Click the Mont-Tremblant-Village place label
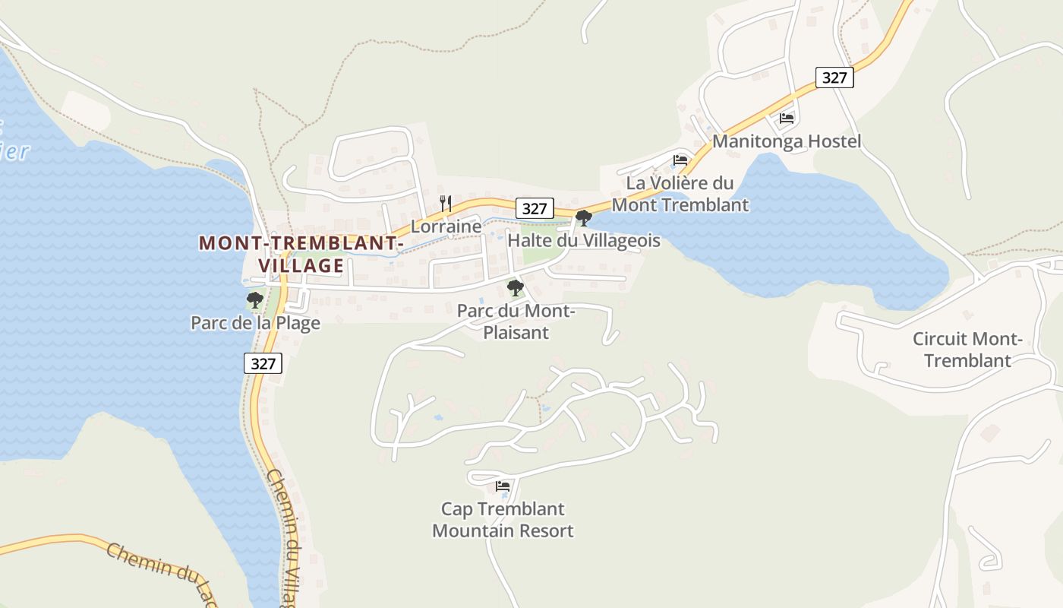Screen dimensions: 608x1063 pyautogui.click(x=300, y=254)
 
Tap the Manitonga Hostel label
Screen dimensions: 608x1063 pyautogui.click(x=787, y=141)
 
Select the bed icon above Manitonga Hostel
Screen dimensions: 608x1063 pyautogui.click(x=787, y=119)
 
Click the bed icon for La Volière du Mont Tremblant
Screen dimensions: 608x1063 pyautogui.click(x=680, y=160)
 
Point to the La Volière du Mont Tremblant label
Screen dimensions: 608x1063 pyautogui.click(x=680, y=194)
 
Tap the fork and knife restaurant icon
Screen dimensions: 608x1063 pyautogui.click(x=446, y=204)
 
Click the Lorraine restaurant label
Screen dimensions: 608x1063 pyautogui.click(x=446, y=226)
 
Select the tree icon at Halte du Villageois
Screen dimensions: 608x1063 pyautogui.click(x=583, y=218)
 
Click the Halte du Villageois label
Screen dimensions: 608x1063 pyautogui.click(x=583, y=241)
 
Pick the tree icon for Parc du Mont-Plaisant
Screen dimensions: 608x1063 pyautogui.click(x=516, y=288)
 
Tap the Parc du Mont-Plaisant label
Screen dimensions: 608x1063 pyautogui.click(x=516, y=321)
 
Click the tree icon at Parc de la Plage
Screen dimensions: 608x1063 pyautogui.click(x=255, y=300)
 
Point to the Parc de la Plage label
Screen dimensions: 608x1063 pyautogui.click(x=255, y=323)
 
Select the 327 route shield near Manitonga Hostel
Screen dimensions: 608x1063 pyautogui.click(x=834, y=78)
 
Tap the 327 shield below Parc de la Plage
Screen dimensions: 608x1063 pyautogui.click(x=263, y=363)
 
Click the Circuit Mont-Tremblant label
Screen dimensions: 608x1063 pyautogui.click(x=967, y=350)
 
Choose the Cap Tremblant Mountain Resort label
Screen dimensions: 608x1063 pyautogui.click(x=503, y=520)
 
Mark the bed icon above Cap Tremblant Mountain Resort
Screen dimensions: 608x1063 pyautogui.click(x=502, y=486)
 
